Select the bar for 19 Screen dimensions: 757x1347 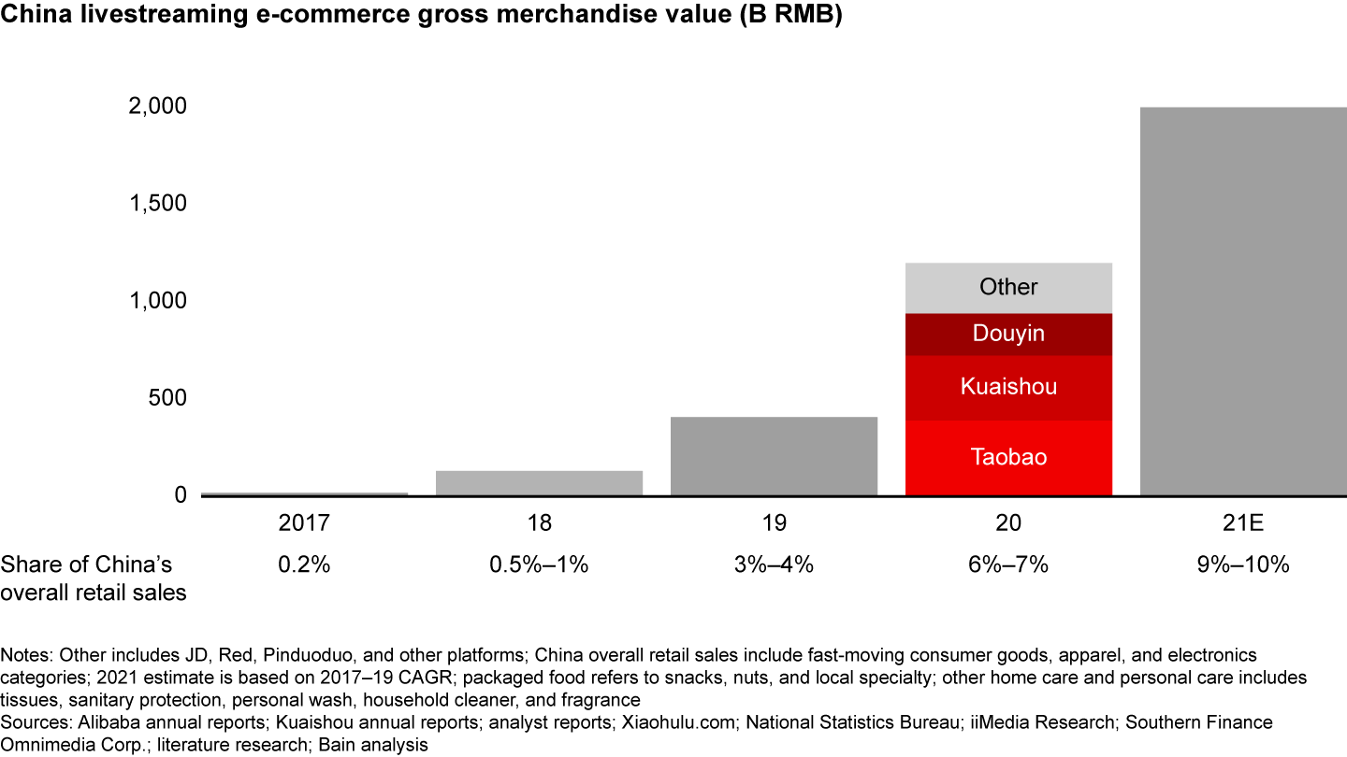click(x=774, y=456)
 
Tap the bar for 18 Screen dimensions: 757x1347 click(x=539, y=482)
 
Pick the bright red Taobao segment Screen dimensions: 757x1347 click(x=1008, y=458)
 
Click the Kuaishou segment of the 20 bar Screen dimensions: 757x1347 click(x=1008, y=388)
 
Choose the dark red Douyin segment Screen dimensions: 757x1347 click(x=1008, y=334)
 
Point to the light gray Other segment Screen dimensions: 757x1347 click(x=1008, y=287)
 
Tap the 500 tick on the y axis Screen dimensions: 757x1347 click(x=167, y=397)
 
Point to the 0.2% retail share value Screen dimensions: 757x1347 click(x=305, y=564)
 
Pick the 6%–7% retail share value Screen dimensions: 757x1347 click(x=1008, y=564)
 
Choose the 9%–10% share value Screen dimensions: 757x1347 click(x=1243, y=564)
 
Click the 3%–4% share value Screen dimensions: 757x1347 click(x=774, y=564)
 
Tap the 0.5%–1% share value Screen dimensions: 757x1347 click(x=539, y=564)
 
